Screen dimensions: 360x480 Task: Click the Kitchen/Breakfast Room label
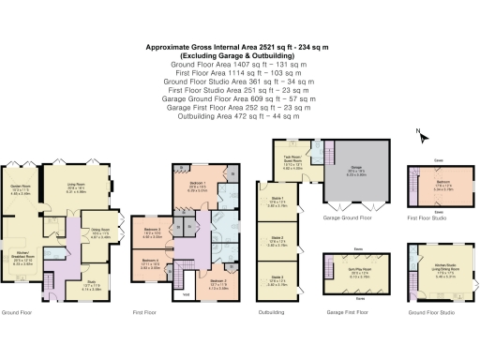pos(21,261)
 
